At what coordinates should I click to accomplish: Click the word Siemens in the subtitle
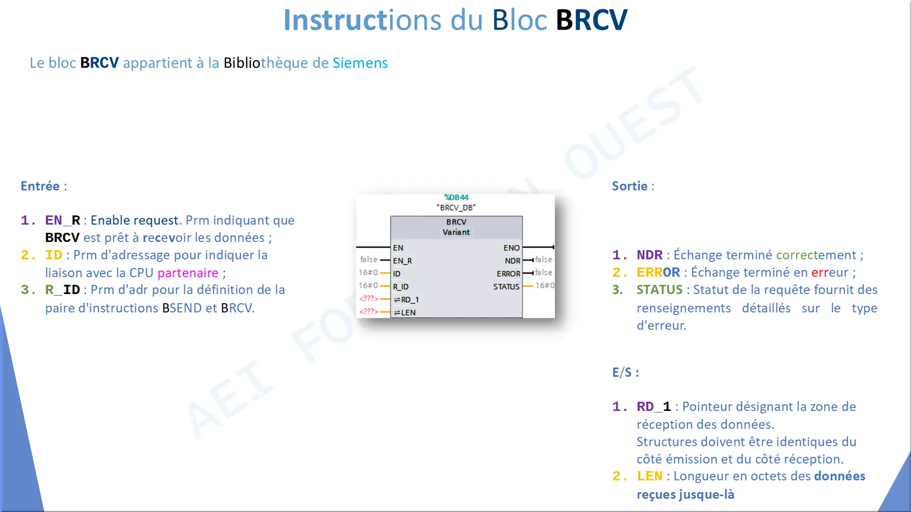pyautogui.click(x=360, y=63)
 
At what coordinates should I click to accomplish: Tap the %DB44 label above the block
pyautogui.click(x=456, y=198)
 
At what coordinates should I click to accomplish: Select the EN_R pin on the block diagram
pyautogui.click(x=402, y=261)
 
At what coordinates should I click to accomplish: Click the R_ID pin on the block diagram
pyautogui.click(x=401, y=287)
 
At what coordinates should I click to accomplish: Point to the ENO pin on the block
pyautogui.click(x=511, y=248)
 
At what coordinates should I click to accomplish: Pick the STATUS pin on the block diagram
pyautogui.click(x=506, y=287)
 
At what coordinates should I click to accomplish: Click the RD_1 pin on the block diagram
pyautogui.click(x=406, y=300)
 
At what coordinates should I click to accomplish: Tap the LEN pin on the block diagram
pyautogui.click(x=405, y=312)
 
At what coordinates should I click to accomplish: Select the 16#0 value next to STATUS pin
pyautogui.click(x=545, y=285)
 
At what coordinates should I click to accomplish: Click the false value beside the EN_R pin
pyautogui.click(x=368, y=259)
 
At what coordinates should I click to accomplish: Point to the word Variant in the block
pyautogui.click(x=456, y=232)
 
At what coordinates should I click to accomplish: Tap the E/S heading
pyautogui.click(x=625, y=373)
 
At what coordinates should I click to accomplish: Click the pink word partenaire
pyautogui.click(x=188, y=273)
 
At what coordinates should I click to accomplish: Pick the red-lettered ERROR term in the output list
pyautogui.click(x=658, y=272)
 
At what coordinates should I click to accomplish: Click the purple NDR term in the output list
pyautogui.click(x=649, y=255)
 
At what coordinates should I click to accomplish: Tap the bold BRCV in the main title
pyautogui.click(x=591, y=20)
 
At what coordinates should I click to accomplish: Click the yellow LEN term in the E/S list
pyautogui.click(x=650, y=476)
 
